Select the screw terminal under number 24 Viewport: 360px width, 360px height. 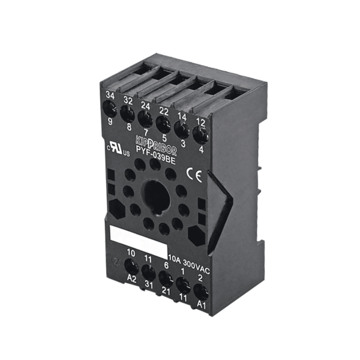point(144,116)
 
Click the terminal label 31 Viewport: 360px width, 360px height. point(149,287)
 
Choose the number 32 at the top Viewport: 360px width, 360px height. point(128,99)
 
